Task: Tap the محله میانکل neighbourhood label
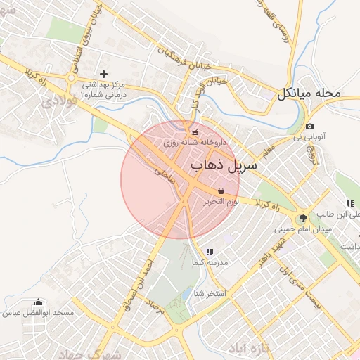[309, 93]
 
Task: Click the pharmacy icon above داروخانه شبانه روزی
[195, 132]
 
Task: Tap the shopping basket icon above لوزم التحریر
[221, 191]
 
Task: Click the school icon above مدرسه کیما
[210, 251]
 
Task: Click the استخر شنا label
[210, 293]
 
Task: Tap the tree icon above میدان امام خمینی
[303, 218]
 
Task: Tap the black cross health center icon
[104, 73]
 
